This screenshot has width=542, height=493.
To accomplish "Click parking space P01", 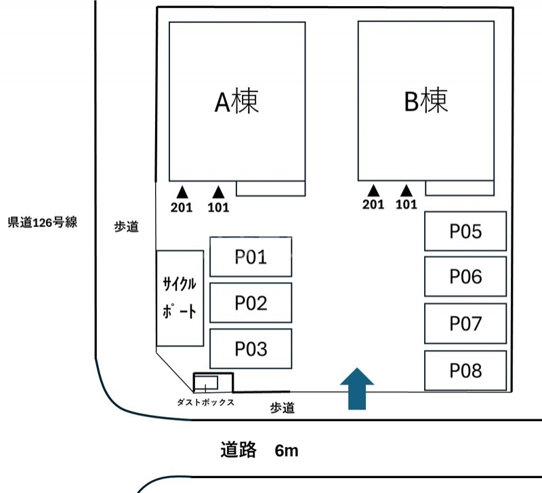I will (251, 256).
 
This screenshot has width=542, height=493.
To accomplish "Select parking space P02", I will (251, 302).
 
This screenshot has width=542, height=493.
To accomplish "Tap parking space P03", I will (251, 349).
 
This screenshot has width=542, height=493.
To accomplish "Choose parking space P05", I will (465, 231).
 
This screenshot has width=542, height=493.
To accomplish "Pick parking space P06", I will (465, 277).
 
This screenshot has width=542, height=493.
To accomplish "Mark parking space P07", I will (465, 323).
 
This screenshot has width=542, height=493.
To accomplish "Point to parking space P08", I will (465, 370).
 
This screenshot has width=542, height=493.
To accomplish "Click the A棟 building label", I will (237, 102).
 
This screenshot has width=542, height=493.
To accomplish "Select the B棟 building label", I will (426, 102).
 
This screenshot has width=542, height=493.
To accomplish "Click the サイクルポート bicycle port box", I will (180, 298).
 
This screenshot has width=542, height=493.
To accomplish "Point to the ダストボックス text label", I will (205, 402).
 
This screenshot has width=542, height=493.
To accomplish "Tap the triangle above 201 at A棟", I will (182, 191).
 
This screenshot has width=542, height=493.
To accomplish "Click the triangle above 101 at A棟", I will (218, 191).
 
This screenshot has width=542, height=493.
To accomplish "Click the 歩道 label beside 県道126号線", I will (127, 228).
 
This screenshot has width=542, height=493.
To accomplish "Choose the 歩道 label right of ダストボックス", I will (283, 408).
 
